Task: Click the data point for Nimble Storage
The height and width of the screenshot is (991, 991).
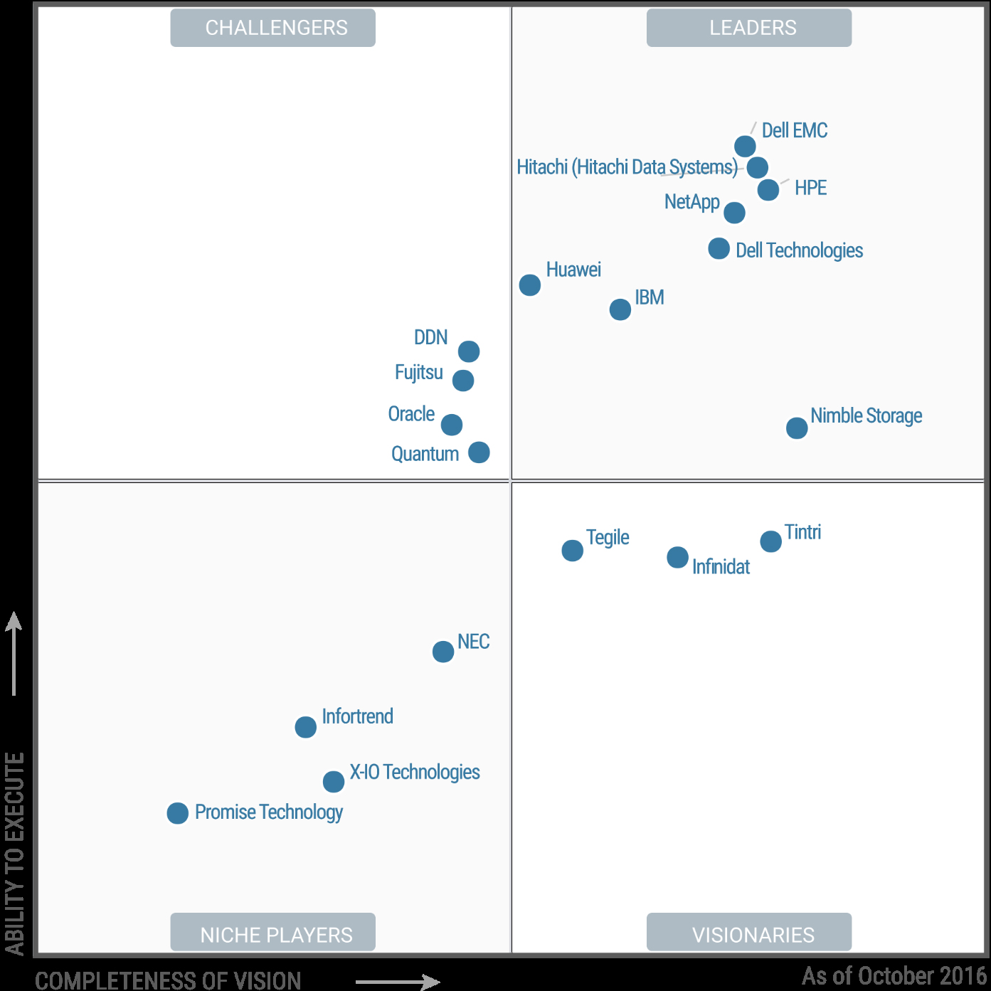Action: coord(797,428)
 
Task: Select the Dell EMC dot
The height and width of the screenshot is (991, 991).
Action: coord(745,147)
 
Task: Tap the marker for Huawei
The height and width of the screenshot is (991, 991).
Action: coord(530,285)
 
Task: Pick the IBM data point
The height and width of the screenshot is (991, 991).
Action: coord(620,309)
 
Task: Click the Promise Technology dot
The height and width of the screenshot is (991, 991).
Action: coord(178,813)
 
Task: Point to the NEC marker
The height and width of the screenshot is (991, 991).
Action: coord(443,652)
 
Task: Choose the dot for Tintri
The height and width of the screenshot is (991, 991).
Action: coord(771,541)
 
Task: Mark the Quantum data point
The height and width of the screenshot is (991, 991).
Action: coord(479,452)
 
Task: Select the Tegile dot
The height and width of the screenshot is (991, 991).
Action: coord(573,551)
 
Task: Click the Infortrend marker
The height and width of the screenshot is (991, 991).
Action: coord(306,727)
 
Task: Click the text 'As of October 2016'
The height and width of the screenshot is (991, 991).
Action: coord(894,976)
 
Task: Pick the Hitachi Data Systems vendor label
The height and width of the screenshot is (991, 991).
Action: coord(627,167)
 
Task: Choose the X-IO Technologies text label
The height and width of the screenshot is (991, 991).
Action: coord(415,772)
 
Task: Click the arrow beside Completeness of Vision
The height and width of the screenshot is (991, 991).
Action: coord(398,982)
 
